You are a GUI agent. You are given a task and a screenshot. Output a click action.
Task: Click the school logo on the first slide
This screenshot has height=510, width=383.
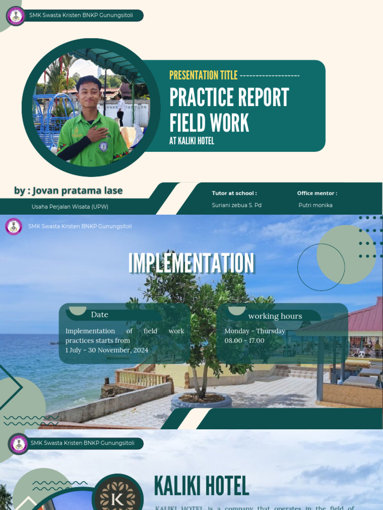coord(16,16)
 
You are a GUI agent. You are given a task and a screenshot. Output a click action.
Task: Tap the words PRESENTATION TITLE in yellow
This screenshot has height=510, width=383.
coord(203,75)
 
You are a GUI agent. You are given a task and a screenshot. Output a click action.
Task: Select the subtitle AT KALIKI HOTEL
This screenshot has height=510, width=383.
coord(191,141)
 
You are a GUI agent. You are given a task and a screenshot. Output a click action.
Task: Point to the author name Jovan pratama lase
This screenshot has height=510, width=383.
coord(68,191)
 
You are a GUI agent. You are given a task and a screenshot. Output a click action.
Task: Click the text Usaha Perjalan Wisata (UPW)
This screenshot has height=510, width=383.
coord(70,206)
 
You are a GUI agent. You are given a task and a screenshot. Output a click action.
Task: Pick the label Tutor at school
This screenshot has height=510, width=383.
coord(234,193)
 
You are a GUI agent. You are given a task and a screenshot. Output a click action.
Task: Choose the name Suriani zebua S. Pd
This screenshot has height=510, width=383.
coord(236,205)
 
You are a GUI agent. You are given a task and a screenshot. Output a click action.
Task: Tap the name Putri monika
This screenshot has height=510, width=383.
coord(315,205)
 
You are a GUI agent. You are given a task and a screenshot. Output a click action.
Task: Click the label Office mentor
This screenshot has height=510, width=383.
coord(317,193)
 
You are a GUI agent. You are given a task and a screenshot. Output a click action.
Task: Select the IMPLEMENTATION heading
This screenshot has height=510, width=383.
coord(191,263)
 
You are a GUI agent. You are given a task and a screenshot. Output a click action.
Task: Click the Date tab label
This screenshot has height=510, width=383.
coord(100,315)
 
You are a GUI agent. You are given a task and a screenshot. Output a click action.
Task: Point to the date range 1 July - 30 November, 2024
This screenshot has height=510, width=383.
coord(107,350)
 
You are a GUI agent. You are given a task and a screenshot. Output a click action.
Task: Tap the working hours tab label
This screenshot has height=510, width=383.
coord(275,316)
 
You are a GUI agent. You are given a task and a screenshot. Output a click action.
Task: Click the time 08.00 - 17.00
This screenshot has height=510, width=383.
coord(244,341)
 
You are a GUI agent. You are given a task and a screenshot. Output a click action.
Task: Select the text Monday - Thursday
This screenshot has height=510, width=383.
coord(255,331)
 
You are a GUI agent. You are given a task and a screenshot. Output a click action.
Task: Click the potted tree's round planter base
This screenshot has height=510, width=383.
coord(201,400)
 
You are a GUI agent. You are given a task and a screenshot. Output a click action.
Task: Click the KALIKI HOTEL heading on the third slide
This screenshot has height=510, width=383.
coord(201,486)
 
